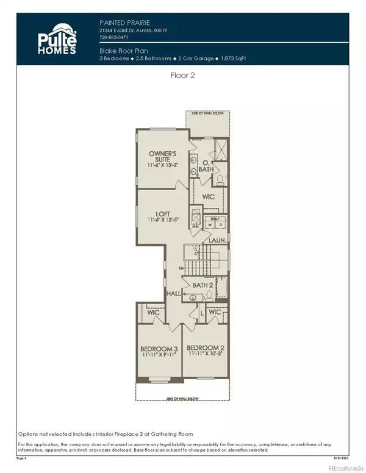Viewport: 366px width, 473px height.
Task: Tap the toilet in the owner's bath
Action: click(220, 179)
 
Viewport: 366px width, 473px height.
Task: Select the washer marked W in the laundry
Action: click(212, 225)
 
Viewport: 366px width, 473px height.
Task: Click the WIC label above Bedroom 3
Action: click(153, 313)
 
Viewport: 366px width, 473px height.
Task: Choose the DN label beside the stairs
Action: click(182, 268)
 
